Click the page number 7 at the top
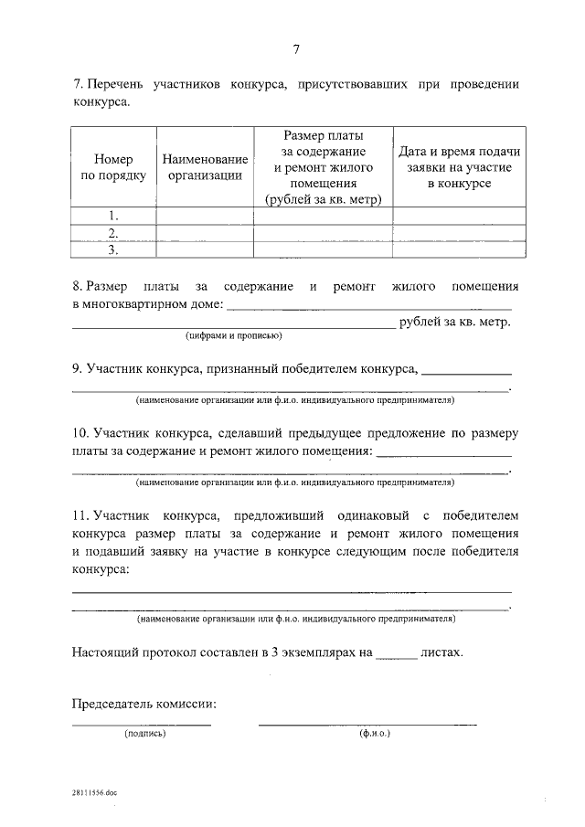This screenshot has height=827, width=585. point(295,49)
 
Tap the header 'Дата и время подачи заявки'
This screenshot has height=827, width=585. point(459,167)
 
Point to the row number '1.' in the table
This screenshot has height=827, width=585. point(114,216)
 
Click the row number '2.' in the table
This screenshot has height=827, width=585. point(114,232)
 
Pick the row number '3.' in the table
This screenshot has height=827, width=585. point(114,249)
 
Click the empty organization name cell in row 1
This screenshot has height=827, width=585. point(205,216)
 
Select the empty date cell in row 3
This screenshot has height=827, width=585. point(459,249)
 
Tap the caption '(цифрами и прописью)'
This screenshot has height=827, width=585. point(233,336)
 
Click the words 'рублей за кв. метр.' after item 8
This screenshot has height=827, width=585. point(454,321)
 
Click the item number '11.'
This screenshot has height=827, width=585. point(80,514)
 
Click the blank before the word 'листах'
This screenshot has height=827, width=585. point(397,654)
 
